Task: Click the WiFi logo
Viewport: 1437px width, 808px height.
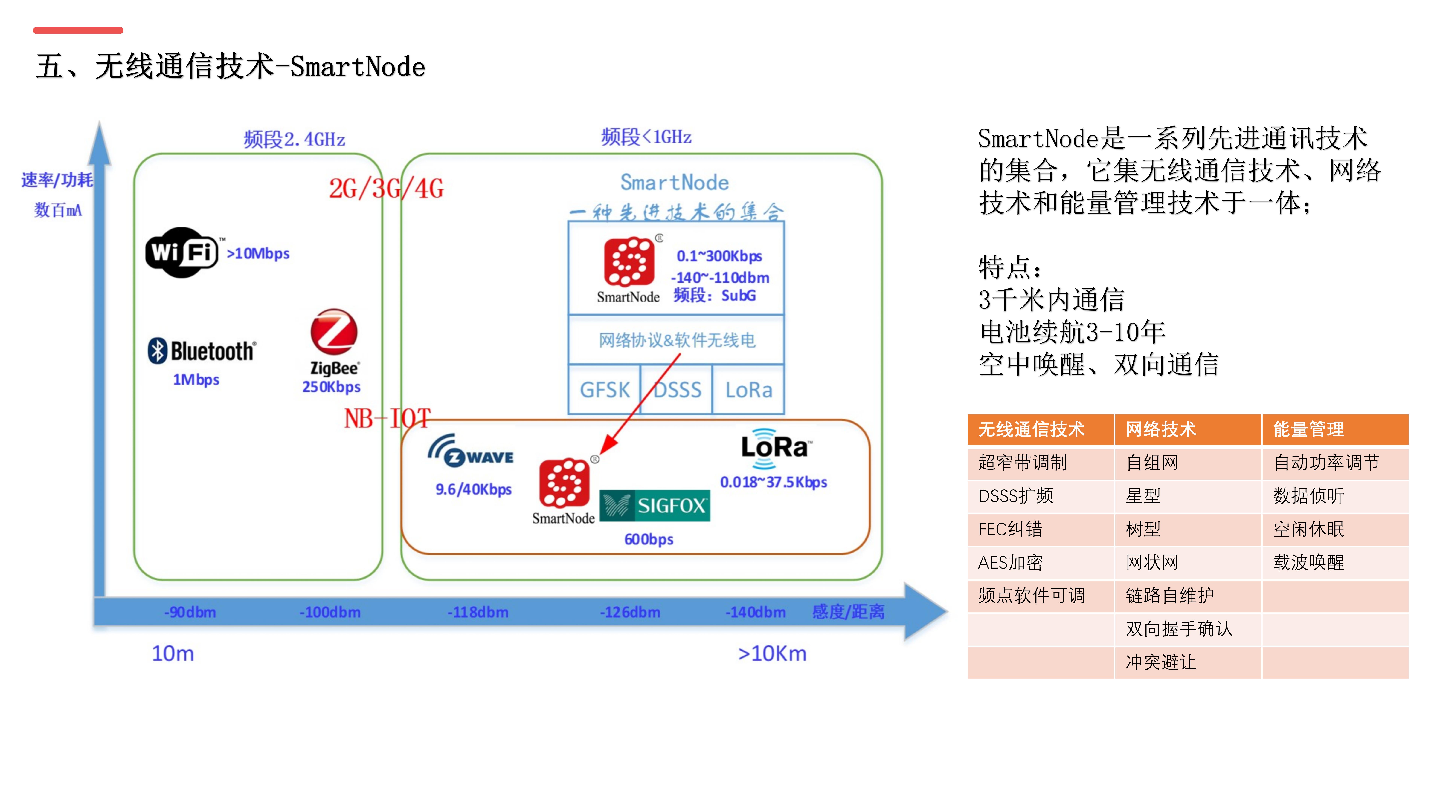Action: [x=182, y=253]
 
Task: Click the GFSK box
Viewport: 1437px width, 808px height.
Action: [x=605, y=390]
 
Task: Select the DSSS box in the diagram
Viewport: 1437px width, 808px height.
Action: [x=677, y=390]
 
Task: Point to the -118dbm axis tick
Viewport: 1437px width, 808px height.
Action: [x=478, y=612]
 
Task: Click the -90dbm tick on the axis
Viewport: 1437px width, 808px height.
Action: [x=190, y=612]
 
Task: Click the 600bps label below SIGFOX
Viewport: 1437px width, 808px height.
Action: [x=649, y=539]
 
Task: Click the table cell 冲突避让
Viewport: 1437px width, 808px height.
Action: [x=1161, y=662]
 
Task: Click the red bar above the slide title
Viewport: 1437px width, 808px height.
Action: [x=78, y=30]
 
